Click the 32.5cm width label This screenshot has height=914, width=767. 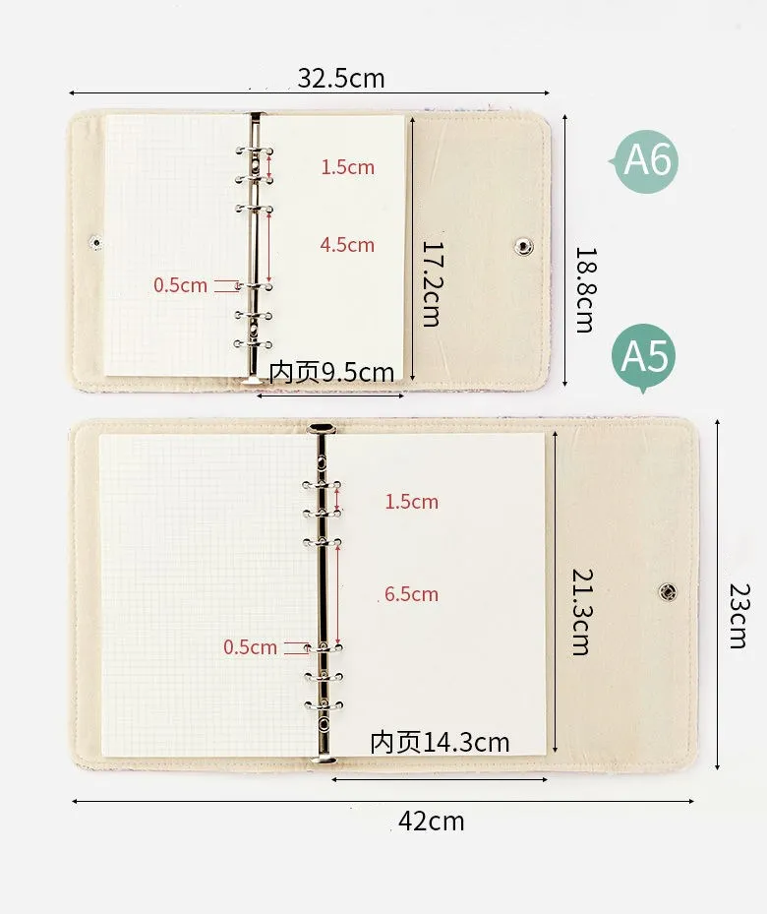[341, 78]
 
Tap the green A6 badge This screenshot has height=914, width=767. [646, 161]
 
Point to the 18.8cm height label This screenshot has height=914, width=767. [585, 289]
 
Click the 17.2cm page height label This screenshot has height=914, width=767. [432, 283]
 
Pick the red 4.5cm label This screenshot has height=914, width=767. [347, 245]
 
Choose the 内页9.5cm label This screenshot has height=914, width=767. [331, 372]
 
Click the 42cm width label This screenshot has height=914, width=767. [432, 822]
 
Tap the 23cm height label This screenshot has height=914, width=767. [739, 616]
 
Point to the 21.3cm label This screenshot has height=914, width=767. [582, 612]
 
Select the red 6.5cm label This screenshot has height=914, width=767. [411, 594]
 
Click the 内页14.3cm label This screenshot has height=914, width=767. [440, 742]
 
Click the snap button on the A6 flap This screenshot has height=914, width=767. [524, 246]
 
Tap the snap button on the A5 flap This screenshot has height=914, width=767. [668, 592]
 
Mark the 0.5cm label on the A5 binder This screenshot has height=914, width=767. [251, 647]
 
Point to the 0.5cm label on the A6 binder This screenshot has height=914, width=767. [181, 285]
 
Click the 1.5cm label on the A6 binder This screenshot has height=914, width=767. [348, 167]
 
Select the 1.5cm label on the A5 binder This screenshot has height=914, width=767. [411, 502]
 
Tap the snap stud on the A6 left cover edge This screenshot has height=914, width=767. [96, 242]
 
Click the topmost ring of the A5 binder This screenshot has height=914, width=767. [322, 485]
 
